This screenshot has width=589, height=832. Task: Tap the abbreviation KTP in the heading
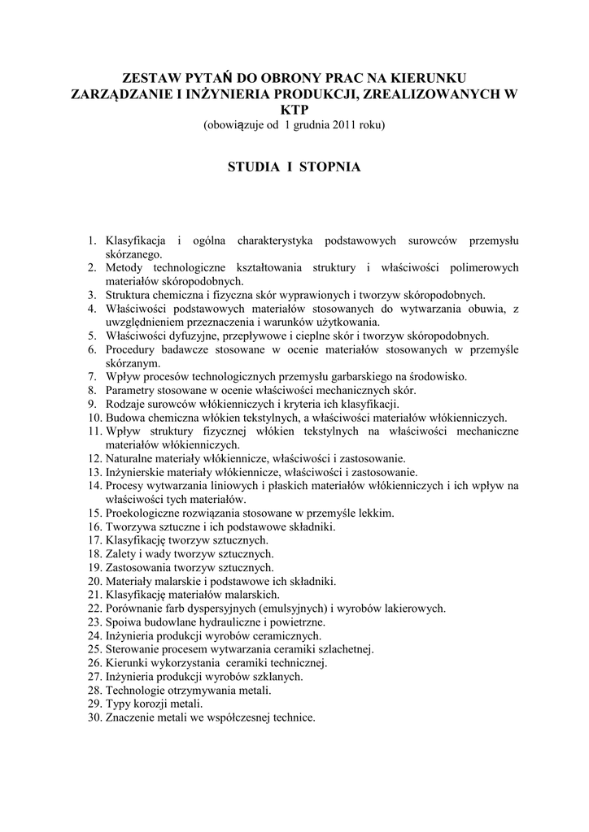(x=294, y=110)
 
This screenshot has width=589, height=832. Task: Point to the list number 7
(x=93, y=377)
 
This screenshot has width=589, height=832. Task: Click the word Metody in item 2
(x=124, y=267)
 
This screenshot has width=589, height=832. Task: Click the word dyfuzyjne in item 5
(x=194, y=336)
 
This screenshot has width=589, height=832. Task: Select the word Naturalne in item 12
(x=131, y=459)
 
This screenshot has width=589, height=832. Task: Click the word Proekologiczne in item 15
(x=144, y=513)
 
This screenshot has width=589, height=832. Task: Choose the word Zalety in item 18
(x=122, y=554)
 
